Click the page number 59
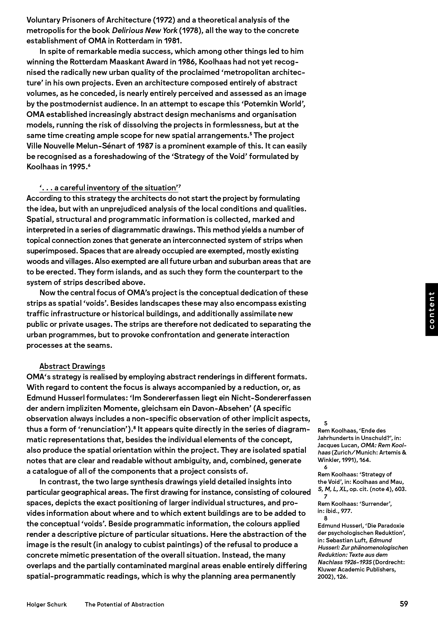404,604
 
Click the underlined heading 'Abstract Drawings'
72,366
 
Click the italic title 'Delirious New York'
145,30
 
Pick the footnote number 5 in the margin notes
326,423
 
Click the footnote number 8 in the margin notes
326,518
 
